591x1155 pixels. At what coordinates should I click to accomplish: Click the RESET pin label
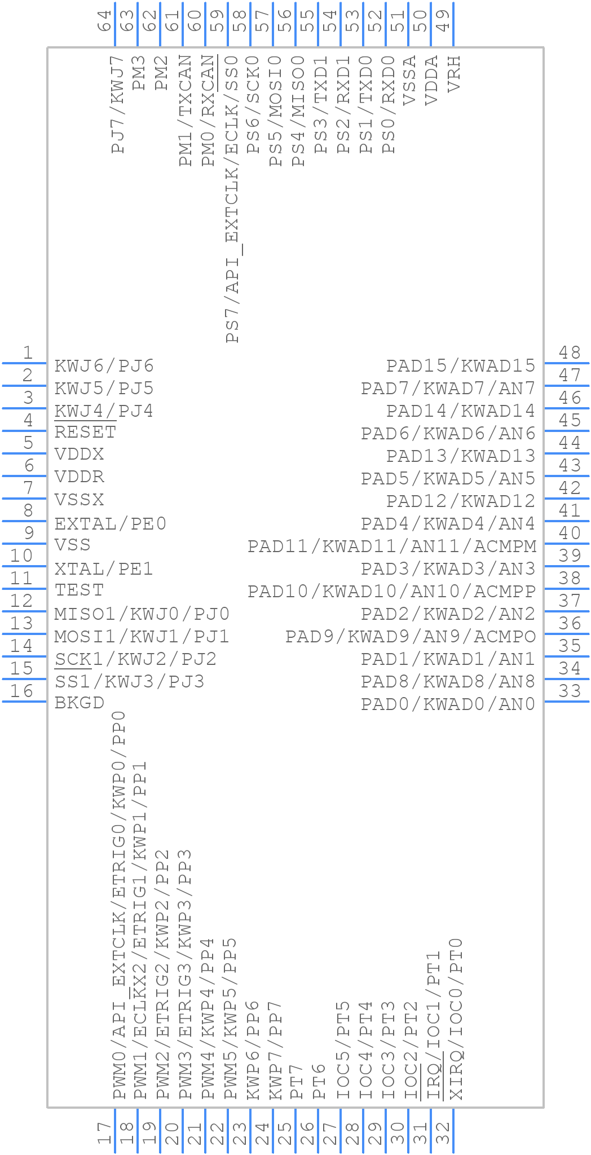click(85, 433)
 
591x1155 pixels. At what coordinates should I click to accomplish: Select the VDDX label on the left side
click(80, 455)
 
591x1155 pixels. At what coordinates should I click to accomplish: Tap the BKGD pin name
click(80, 703)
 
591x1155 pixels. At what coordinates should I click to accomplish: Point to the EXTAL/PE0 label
click(111, 524)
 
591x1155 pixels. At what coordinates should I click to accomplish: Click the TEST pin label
click(80, 590)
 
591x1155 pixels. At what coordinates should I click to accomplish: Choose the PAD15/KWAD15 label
click(461, 366)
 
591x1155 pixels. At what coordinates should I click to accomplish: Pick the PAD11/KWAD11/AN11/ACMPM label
click(392, 546)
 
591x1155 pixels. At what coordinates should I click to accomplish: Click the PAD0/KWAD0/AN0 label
click(448, 704)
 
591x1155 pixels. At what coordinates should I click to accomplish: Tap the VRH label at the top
click(454, 74)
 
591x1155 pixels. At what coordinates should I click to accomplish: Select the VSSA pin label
click(409, 80)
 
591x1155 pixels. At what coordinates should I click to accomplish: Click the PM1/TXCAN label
click(186, 111)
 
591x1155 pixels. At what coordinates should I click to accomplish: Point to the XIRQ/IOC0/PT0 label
click(456, 1019)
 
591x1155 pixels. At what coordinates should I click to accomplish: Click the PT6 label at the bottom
click(319, 1081)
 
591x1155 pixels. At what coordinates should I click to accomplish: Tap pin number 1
click(27, 353)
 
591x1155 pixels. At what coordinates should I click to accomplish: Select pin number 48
click(570, 353)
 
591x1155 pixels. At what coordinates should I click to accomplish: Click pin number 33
click(570, 691)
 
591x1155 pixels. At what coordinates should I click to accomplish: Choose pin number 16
click(21, 691)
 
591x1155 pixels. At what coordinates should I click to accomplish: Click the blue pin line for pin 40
click(567, 544)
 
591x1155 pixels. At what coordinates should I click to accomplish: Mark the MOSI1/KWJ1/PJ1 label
click(142, 637)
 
